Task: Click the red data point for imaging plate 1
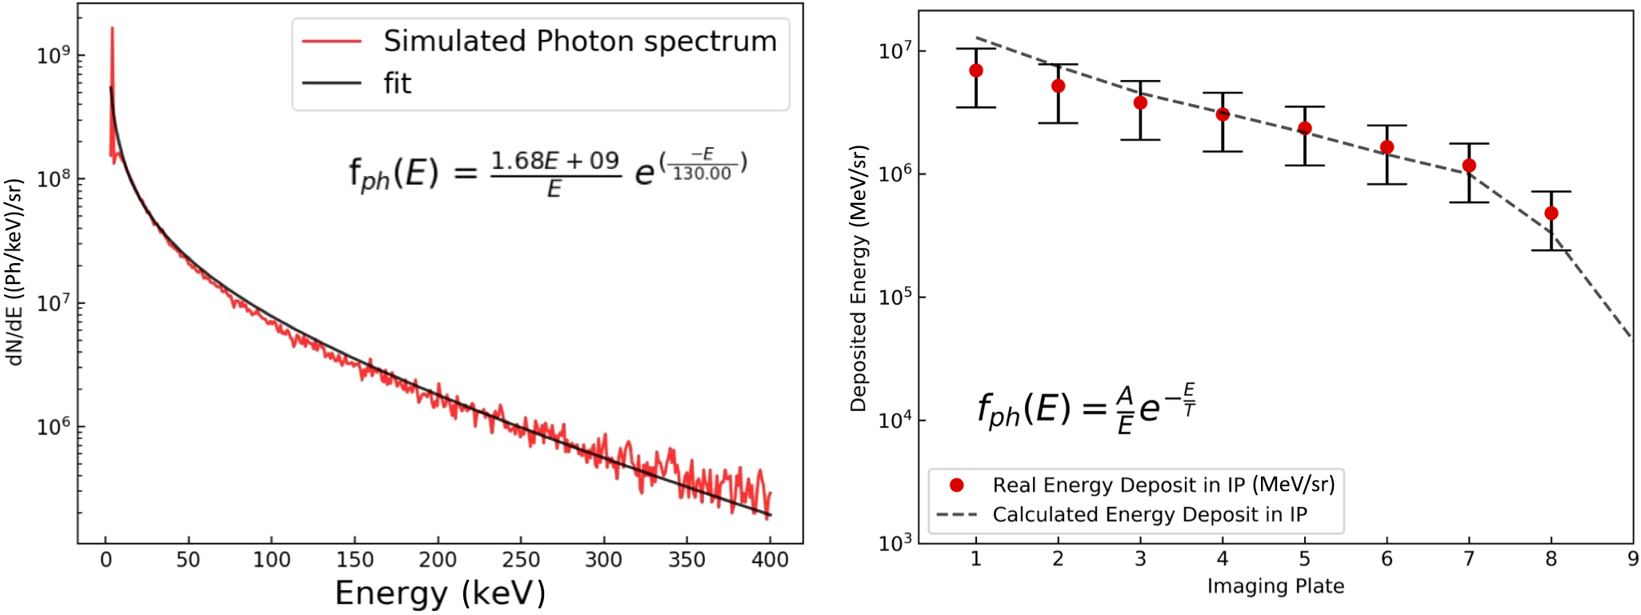(x=976, y=70)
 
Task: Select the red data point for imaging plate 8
(x=1551, y=214)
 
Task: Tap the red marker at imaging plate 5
(x=1305, y=128)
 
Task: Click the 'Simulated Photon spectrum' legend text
(x=580, y=42)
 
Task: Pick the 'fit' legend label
(x=398, y=83)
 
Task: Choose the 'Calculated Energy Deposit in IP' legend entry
(x=1150, y=514)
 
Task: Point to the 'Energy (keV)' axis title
(x=440, y=593)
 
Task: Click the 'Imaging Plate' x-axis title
(x=1275, y=586)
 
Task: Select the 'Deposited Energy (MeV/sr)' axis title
(x=859, y=278)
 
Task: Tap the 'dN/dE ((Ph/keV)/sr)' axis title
(x=14, y=272)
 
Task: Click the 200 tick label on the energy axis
(x=438, y=560)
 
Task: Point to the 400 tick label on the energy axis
(x=770, y=560)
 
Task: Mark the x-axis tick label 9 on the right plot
(x=1633, y=559)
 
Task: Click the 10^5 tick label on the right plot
(x=895, y=298)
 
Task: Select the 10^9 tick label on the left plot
(x=54, y=55)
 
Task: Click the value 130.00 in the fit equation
(x=702, y=174)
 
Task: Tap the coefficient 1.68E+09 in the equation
(x=555, y=161)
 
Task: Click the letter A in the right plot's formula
(x=1125, y=396)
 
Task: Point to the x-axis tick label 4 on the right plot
(x=1223, y=559)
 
